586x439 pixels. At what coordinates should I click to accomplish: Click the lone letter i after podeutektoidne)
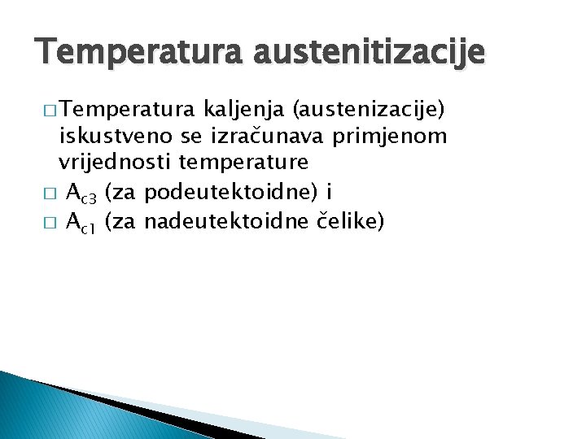click(x=328, y=192)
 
